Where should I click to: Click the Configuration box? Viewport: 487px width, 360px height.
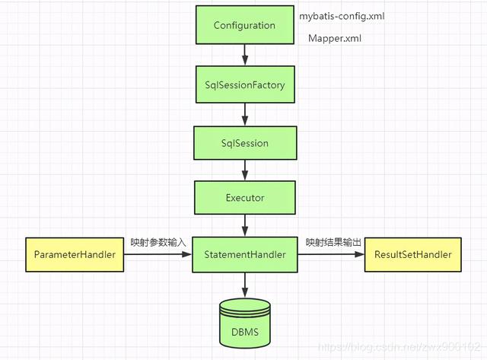(244, 26)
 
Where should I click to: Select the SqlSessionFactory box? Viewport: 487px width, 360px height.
(244, 85)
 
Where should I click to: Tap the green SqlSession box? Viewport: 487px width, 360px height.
(244, 142)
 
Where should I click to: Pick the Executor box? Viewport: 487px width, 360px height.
(244, 198)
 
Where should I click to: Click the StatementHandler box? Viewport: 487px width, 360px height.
(244, 255)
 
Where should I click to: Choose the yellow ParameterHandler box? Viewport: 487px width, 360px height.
(75, 255)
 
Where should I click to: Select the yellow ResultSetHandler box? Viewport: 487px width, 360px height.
(413, 255)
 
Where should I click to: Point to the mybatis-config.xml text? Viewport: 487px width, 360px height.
(346, 15)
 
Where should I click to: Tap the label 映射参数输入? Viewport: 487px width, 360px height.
(158, 242)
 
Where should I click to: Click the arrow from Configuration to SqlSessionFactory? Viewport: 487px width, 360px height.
(244, 55)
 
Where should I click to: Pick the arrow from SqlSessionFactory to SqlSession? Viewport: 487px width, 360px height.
(244, 114)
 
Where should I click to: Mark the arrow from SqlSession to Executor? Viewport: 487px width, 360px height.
(244, 170)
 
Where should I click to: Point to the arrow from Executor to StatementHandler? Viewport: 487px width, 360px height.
(244, 226)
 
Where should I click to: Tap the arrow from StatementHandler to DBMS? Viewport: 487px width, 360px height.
(244, 285)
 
